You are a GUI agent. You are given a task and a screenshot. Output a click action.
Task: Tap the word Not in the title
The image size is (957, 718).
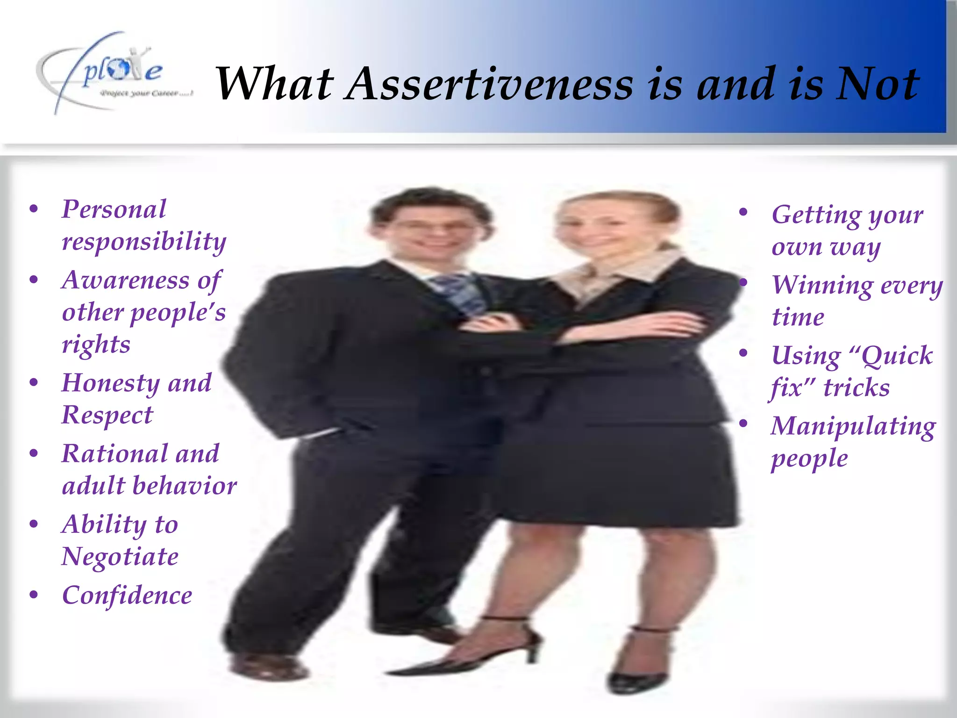tap(877, 84)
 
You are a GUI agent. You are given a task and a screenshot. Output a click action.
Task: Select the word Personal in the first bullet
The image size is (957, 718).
tap(114, 209)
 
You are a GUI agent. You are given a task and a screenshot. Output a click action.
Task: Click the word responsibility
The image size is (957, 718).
tap(144, 242)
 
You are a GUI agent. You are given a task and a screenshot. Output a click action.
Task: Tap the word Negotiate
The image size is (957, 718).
tap(120, 557)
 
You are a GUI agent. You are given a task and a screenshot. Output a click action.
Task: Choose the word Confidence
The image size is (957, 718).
tap(127, 596)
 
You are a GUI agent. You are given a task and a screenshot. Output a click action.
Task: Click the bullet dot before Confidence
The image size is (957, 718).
tap(34, 595)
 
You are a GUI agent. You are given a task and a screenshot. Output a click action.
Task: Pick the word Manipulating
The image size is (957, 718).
tap(853, 427)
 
